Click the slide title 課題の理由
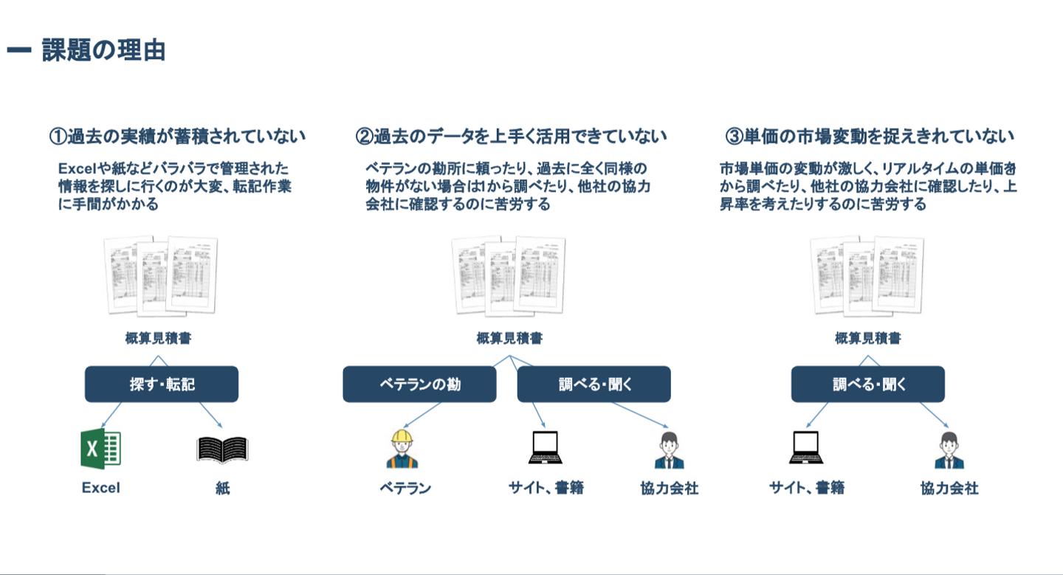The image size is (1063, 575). click(103, 50)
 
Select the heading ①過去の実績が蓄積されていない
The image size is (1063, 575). click(177, 137)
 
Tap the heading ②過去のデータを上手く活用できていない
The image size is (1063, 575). click(511, 137)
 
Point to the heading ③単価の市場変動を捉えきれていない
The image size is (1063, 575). click(870, 137)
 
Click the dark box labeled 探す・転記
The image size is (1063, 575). click(162, 384)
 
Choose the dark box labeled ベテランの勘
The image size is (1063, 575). click(419, 384)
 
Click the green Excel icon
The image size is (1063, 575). click(101, 449)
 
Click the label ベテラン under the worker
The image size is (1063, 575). click(405, 488)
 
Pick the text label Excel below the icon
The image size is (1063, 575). click(101, 488)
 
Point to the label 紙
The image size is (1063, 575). click(222, 488)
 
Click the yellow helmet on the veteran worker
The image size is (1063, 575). click(402, 437)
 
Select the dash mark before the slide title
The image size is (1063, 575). click(18, 50)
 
